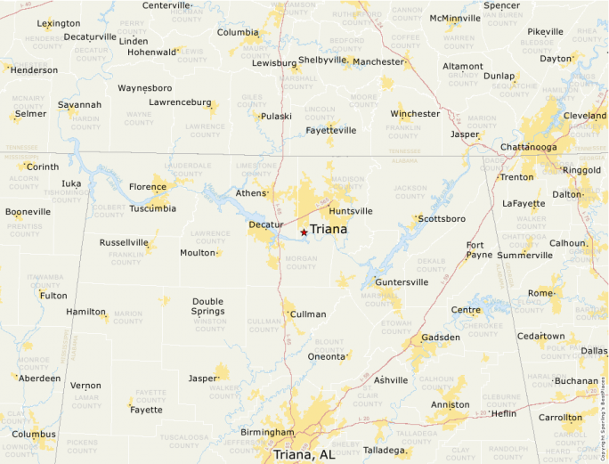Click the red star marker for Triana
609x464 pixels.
point(304,232)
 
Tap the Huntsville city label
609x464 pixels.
point(350,211)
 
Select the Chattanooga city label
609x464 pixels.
point(533,146)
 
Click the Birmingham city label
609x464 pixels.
point(267,433)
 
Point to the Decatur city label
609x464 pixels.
point(266,224)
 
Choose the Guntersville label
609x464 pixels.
point(401,282)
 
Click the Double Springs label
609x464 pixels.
point(207,306)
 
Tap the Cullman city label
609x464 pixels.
point(309,314)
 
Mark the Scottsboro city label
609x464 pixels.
point(443,218)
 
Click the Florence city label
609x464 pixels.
point(148,187)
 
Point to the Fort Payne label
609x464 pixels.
point(479,250)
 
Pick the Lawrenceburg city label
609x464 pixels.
point(180,102)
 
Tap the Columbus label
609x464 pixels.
point(33,435)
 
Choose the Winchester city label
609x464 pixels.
point(415,114)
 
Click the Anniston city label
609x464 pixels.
point(450,405)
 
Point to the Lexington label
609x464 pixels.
point(59,23)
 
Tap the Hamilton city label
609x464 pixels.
point(86,312)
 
